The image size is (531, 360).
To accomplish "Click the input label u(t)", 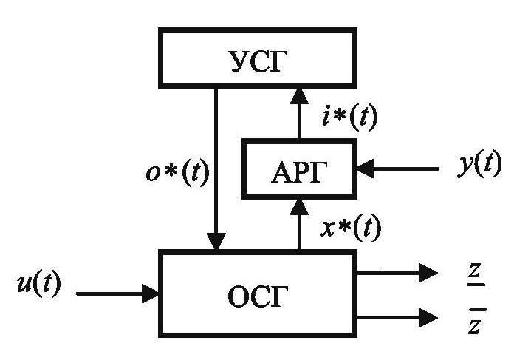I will point(39,285).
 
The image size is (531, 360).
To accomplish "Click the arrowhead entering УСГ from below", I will point(299,92).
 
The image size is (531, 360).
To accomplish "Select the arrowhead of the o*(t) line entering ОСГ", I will point(216,242).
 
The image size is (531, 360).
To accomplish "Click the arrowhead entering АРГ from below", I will point(299,205).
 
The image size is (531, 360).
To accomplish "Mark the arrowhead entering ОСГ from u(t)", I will point(153,294).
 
